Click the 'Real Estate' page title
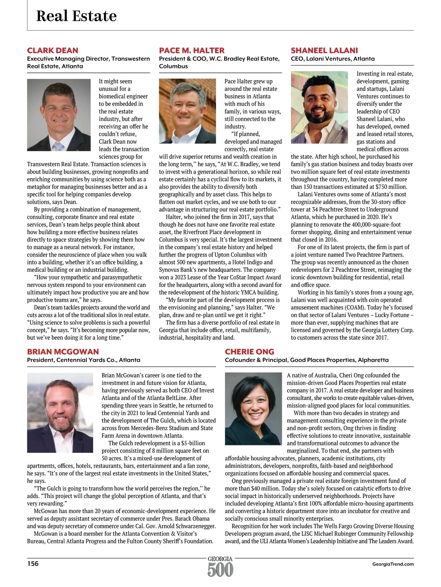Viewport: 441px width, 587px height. click(76, 16)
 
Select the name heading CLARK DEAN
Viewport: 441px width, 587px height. click(53, 50)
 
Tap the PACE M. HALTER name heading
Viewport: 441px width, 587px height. click(191, 50)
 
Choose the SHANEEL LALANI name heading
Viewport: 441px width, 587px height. click(324, 50)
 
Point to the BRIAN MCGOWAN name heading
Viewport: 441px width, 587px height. click(63, 352)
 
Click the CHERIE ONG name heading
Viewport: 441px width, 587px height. click(250, 352)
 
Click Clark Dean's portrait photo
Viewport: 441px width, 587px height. click(59, 115)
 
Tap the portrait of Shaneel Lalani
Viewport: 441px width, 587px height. click(319, 107)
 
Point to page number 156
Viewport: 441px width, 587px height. click(33, 563)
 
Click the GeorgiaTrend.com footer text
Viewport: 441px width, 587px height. click(393, 564)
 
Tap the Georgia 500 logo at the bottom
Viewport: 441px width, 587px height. click(220, 567)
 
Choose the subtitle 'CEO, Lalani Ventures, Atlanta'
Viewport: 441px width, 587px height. click(333, 59)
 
